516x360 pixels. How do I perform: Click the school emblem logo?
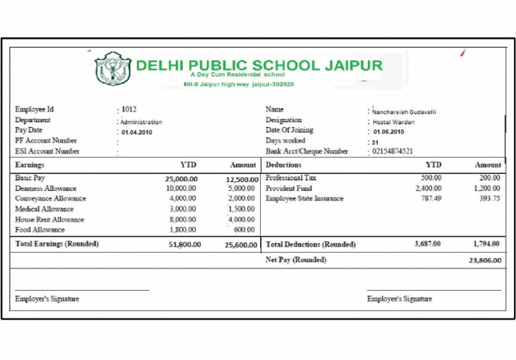point(113,69)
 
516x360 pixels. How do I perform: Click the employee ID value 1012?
point(129,109)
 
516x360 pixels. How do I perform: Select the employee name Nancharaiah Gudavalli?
point(404,112)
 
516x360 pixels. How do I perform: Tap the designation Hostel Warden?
point(394,122)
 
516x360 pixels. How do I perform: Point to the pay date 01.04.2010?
point(138,132)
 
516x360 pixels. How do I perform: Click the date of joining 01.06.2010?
point(390,132)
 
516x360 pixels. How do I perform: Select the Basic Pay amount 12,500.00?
point(242,179)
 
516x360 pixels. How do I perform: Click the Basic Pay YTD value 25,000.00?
point(181,179)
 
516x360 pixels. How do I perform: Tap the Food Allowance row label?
point(40,230)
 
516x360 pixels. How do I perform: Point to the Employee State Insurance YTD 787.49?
point(427,199)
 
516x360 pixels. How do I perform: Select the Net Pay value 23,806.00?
point(484,261)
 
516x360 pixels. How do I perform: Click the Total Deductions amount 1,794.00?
point(487,244)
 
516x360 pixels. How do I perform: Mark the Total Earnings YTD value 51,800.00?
point(185,244)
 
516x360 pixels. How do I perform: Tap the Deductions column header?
point(284,165)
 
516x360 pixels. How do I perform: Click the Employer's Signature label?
point(47,299)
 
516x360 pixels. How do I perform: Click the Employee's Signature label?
point(399,299)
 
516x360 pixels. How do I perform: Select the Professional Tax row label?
point(291,178)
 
